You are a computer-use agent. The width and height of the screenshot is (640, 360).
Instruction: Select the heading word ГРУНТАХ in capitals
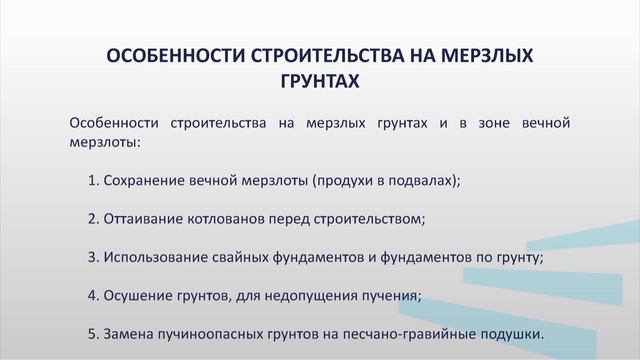320,80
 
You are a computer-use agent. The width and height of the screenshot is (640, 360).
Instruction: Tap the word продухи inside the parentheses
349,181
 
